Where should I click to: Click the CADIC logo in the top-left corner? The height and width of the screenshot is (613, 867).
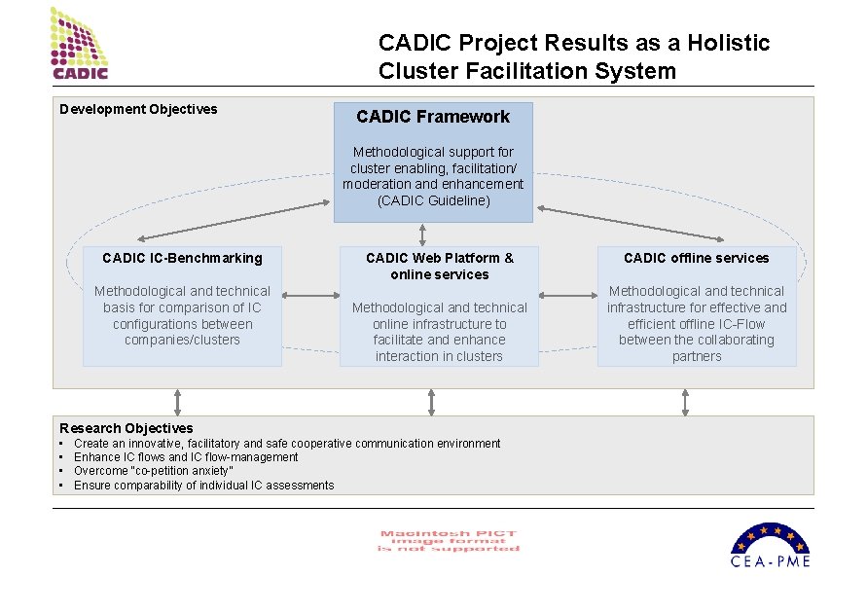(x=81, y=44)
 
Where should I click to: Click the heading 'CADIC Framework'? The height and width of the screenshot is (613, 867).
(x=433, y=117)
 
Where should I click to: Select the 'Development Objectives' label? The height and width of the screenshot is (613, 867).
(x=138, y=109)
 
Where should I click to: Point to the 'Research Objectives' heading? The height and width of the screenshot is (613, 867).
(x=126, y=428)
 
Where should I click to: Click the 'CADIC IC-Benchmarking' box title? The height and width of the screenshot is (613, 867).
(x=182, y=258)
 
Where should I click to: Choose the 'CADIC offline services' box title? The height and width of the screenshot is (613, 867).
(x=697, y=258)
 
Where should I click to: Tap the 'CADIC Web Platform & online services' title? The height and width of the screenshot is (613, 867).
(x=439, y=266)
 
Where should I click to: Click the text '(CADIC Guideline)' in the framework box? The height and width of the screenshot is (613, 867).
(x=433, y=200)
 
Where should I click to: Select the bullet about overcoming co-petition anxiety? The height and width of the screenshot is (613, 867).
(x=154, y=471)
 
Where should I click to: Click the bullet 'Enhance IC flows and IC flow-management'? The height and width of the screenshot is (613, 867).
(x=186, y=457)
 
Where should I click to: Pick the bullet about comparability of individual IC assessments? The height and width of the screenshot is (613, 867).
(x=203, y=486)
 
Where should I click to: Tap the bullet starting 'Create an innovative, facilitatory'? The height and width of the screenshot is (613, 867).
(x=287, y=444)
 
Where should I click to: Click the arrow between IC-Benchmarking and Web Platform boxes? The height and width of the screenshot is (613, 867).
(x=310, y=296)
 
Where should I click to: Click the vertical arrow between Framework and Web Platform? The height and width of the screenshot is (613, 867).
(x=422, y=234)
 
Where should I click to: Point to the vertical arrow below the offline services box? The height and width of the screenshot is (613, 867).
(x=686, y=402)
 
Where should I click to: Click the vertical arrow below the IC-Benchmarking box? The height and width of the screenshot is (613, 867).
(x=177, y=402)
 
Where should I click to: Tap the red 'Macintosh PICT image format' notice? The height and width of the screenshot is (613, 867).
(x=449, y=541)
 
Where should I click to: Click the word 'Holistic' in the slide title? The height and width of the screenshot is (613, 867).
(x=729, y=44)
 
